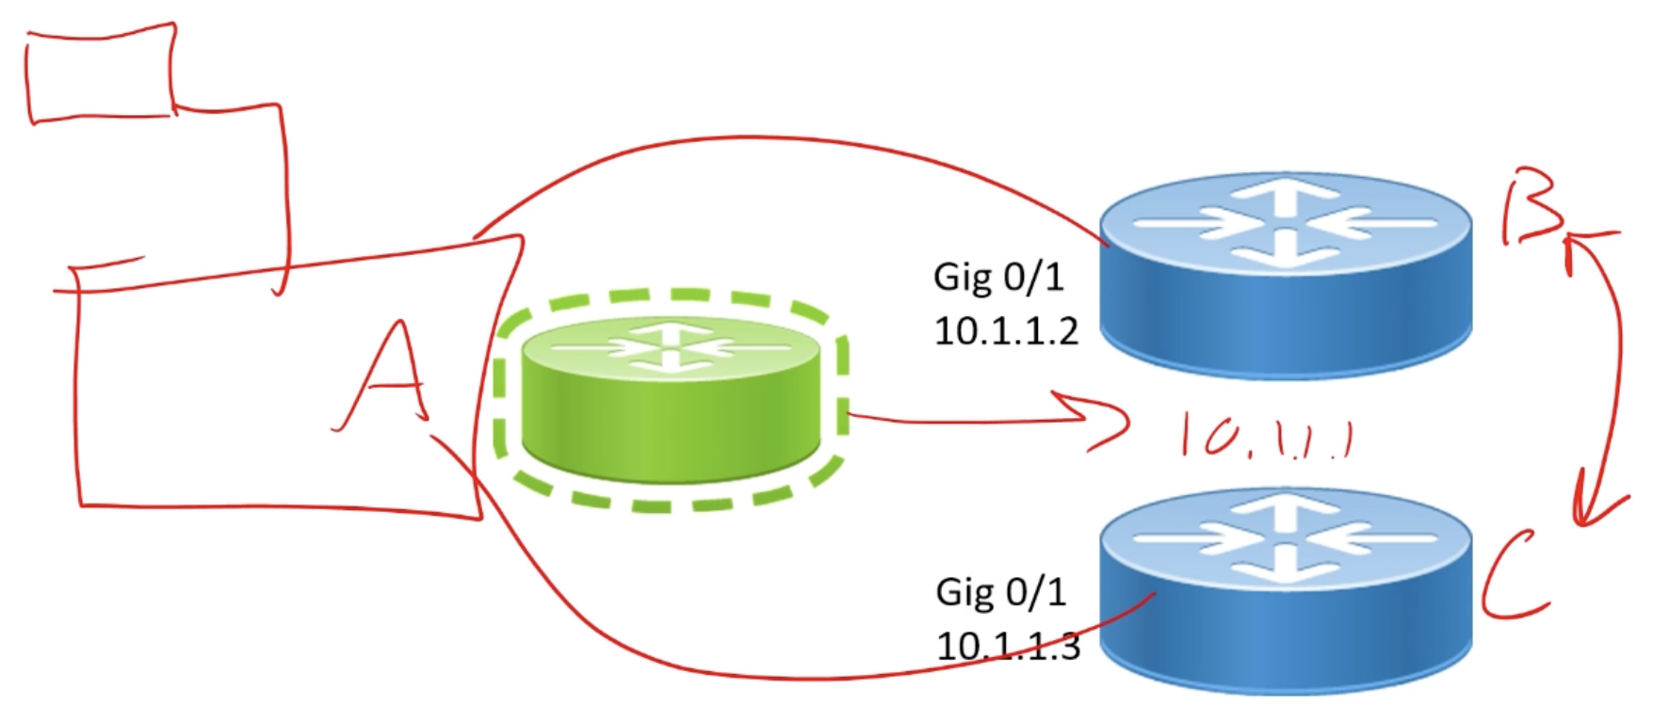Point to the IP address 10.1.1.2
pyautogui.click(x=1006, y=331)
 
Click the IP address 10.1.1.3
pyautogui.click(x=1008, y=646)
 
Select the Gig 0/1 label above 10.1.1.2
pyautogui.click(x=998, y=277)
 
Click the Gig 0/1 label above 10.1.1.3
pyautogui.click(x=1000, y=592)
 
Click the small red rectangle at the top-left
pyautogui.click(x=102, y=73)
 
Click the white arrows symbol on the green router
pyautogui.click(x=671, y=346)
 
